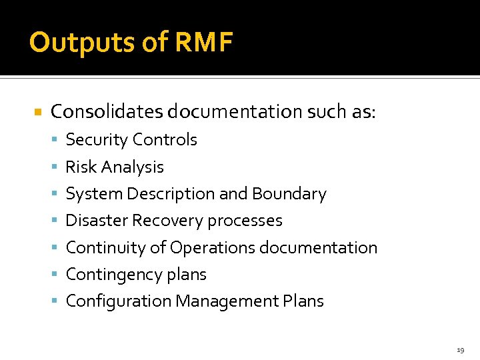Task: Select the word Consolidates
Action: (107, 112)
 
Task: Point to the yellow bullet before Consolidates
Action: (38, 112)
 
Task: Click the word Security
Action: (97, 140)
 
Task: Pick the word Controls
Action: (165, 140)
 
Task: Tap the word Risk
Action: (79, 167)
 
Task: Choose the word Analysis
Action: (131, 167)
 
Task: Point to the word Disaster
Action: (96, 221)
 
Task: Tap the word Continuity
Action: (105, 247)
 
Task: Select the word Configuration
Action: (118, 301)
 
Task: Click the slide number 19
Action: (460, 350)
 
